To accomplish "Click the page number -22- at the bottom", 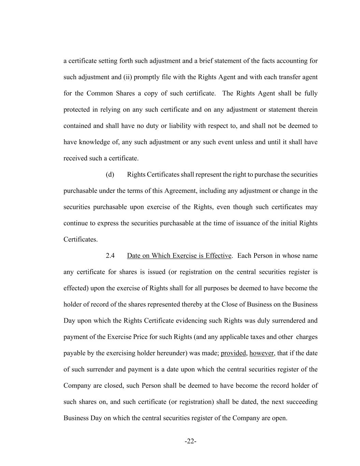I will (x=190, y=441).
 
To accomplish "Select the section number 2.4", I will (x=110, y=256).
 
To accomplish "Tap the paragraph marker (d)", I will (x=110, y=174).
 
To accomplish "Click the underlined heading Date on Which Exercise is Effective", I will (x=179, y=256).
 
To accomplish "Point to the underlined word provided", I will (x=233, y=353).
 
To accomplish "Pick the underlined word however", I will (x=261, y=353).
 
